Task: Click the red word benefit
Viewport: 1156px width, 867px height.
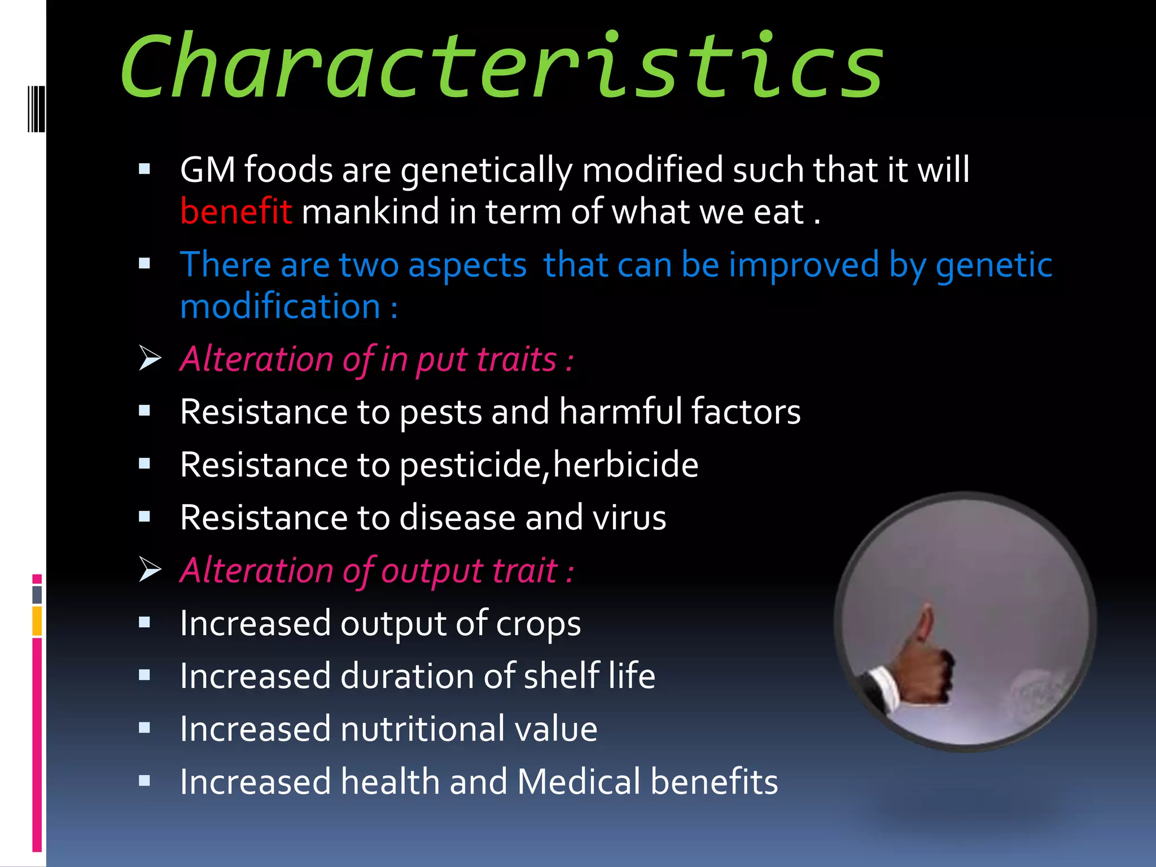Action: click(x=236, y=212)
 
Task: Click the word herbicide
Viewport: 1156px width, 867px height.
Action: click(x=625, y=465)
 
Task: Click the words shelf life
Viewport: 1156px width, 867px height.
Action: click(x=589, y=676)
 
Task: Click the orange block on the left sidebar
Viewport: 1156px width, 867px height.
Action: click(x=37, y=621)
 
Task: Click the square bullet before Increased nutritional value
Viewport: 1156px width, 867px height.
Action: click(x=144, y=728)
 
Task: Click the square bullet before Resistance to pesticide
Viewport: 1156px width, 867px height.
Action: click(x=144, y=464)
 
